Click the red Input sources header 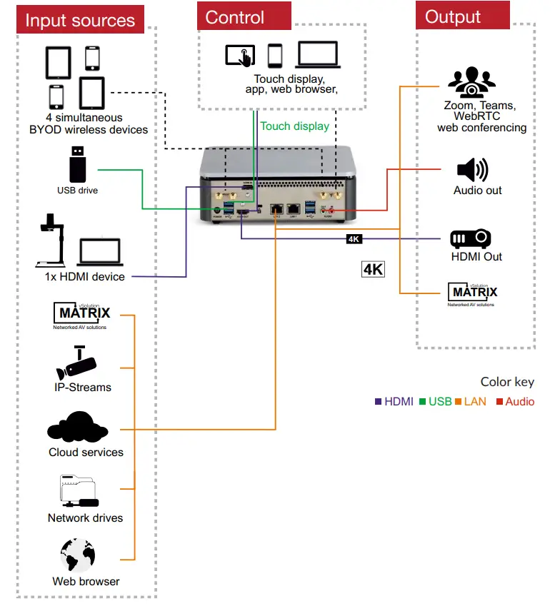coord(80,20)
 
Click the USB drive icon coord(78,165)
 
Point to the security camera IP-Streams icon coord(76,363)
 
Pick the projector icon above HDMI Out coord(470,238)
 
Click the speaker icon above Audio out coord(472,171)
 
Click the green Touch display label coord(294,126)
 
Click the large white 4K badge coord(374,269)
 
